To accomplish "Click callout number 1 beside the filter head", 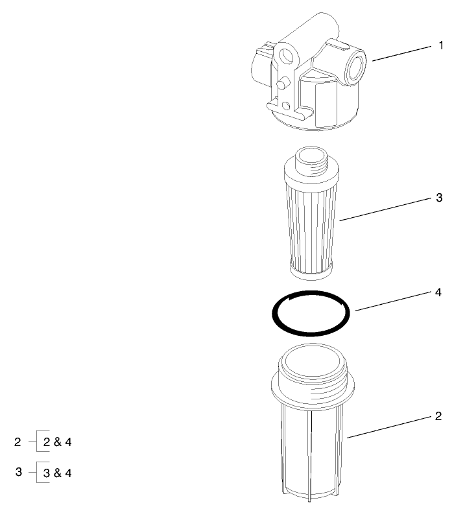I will pyautogui.click(x=441, y=46).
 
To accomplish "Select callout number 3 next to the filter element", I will pyautogui.click(x=439, y=198).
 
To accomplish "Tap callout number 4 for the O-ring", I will pyautogui.click(x=438, y=292).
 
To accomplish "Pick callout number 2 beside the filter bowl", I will pyautogui.click(x=438, y=416).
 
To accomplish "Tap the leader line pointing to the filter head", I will pyautogui.click(x=402, y=53).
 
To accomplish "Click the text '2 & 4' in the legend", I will pyautogui.click(x=57, y=443).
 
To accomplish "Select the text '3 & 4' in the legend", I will pyautogui.click(x=57, y=473).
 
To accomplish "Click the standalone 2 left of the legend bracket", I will pyautogui.click(x=18, y=443).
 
